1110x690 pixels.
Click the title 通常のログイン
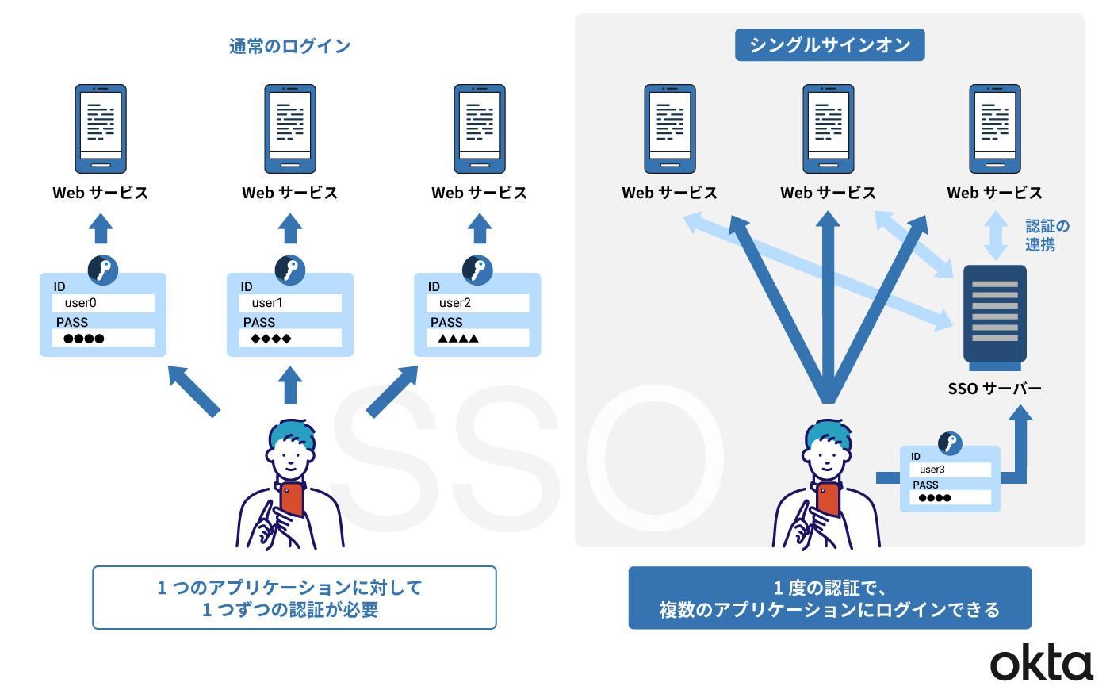289,46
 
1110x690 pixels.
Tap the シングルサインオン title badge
829,45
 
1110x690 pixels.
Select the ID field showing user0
103,303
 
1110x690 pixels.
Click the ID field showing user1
290,303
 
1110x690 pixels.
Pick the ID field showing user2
477,303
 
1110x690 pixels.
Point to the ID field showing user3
950,470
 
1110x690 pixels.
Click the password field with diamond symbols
290,339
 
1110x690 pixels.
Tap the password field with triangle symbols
477,339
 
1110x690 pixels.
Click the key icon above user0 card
103,270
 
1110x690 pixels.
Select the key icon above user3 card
950,443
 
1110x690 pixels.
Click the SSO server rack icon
994,315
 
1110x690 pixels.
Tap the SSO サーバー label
994,389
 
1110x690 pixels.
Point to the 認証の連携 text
1047,236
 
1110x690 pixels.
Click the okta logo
1041,663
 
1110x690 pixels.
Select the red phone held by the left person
292,500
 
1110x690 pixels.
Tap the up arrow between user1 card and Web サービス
290,228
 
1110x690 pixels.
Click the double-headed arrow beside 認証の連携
996,234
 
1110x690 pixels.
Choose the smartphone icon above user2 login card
480,129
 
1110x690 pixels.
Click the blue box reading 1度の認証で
829,598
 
